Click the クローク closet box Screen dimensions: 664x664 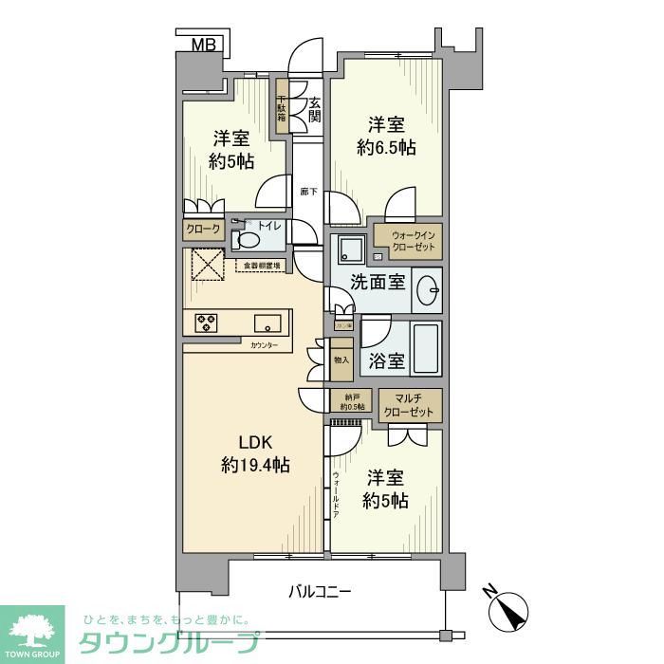[203, 230]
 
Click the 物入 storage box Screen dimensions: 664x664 [341, 360]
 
